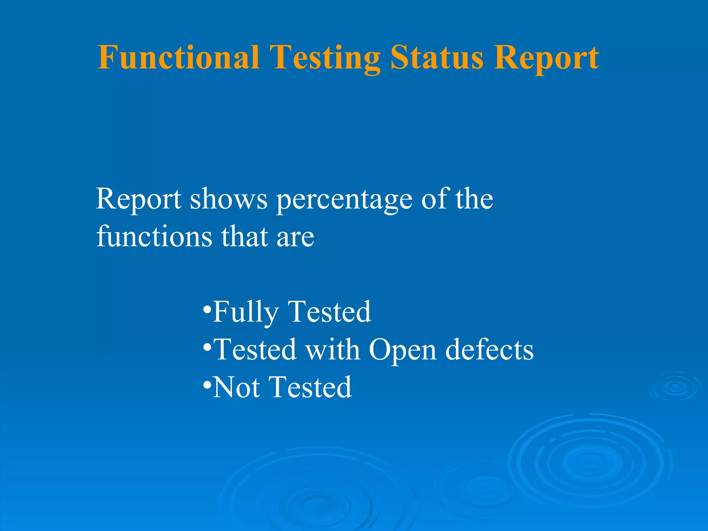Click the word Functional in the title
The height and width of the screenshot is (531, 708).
click(178, 57)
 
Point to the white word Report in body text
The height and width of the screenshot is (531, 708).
click(138, 199)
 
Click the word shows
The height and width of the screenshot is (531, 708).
click(229, 199)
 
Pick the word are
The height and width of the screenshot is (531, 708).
click(295, 239)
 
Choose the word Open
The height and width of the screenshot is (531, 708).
click(402, 351)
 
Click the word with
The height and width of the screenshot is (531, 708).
click(333, 350)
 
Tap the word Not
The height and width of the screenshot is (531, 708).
click(236, 387)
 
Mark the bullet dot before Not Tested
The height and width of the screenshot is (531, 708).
click(207, 384)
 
